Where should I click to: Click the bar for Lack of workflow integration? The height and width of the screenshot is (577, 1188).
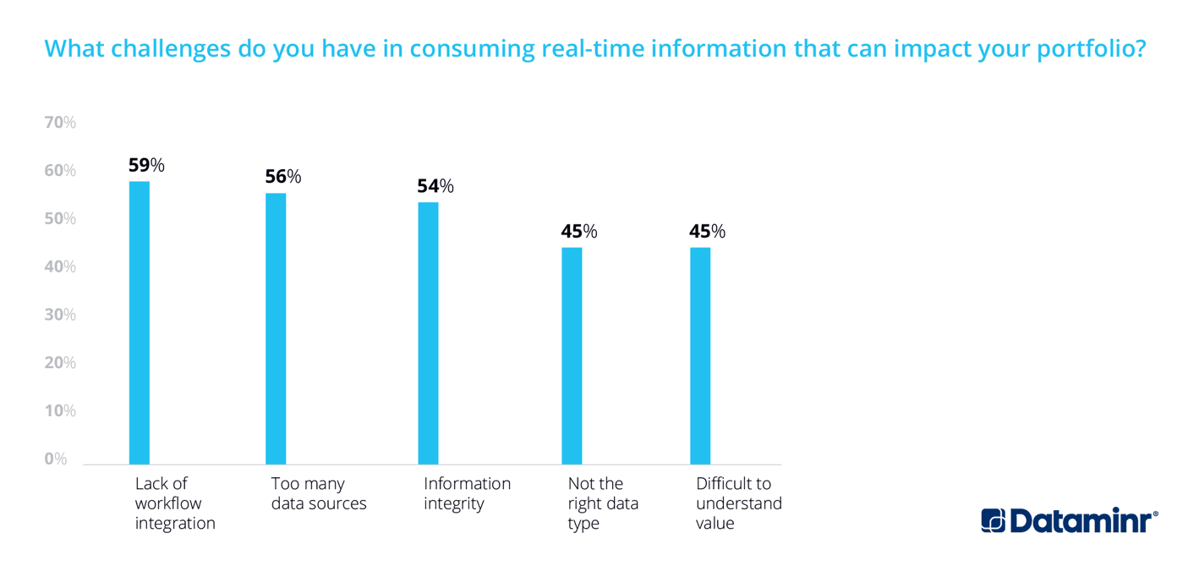click(140, 322)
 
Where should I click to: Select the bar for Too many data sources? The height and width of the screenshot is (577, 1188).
click(276, 328)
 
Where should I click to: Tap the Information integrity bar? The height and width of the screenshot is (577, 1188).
click(428, 332)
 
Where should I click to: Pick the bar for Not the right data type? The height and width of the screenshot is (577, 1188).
click(572, 355)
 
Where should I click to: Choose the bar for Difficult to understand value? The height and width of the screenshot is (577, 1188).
click(700, 355)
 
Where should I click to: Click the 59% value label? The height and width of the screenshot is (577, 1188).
click(146, 165)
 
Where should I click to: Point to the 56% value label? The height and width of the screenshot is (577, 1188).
click(283, 177)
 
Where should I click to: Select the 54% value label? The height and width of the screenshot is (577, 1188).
click(435, 186)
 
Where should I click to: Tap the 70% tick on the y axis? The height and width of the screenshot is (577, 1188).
click(60, 123)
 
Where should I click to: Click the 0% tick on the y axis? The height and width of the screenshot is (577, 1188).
click(56, 459)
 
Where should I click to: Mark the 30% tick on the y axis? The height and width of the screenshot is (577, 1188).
click(60, 315)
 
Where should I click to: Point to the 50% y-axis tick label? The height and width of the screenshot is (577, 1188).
click(60, 218)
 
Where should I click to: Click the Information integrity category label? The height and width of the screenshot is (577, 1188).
click(467, 493)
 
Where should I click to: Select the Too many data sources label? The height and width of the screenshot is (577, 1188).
click(319, 493)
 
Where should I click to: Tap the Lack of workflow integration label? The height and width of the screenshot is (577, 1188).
click(175, 503)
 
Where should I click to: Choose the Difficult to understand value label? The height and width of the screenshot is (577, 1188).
click(738, 503)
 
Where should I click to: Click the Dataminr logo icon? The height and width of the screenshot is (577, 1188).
click(993, 520)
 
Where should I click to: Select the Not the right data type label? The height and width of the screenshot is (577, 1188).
click(603, 503)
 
